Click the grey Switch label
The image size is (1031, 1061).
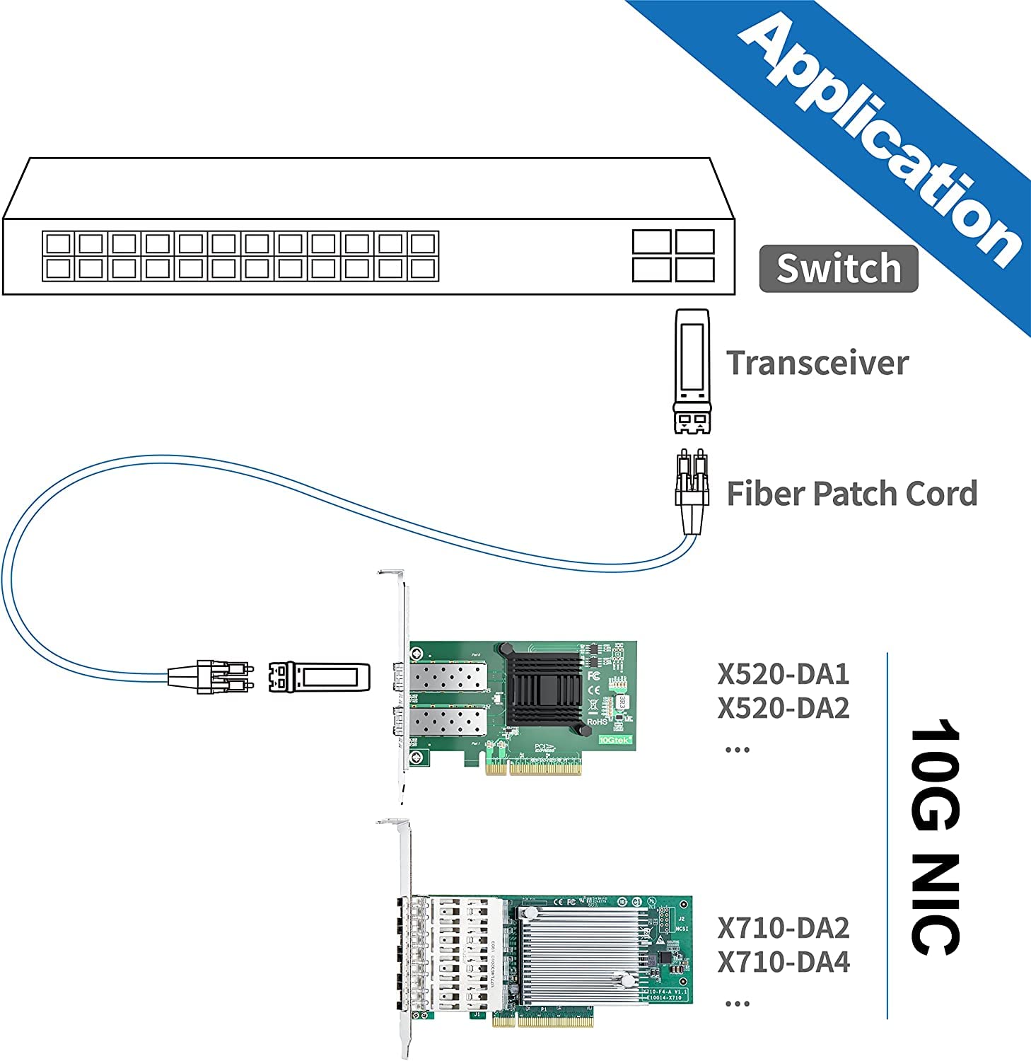(838, 269)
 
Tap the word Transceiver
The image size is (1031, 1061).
(817, 363)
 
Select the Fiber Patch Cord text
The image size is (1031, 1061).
(851, 494)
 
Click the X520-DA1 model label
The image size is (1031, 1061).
(783, 674)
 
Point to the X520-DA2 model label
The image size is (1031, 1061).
(783, 708)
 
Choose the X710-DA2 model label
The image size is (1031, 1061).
(783, 928)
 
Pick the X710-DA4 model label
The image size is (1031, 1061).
(783, 962)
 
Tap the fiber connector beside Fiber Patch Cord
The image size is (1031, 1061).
(691, 488)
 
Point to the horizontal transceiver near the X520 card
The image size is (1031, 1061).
(319, 677)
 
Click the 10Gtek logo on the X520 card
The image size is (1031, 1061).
(614, 740)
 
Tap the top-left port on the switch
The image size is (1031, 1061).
(57, 243)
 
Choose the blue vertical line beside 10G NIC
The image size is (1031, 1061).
(887, 835)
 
